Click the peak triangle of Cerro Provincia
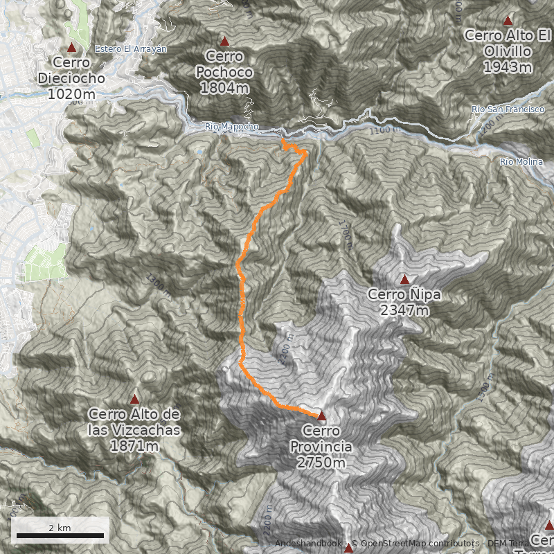pos(321,415)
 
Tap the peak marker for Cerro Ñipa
pos(404,279)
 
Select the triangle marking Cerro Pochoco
pos(224,41)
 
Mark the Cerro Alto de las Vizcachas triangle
pos(134,399)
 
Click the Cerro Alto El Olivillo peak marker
pos(508,20)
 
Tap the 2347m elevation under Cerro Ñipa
pos(404,310)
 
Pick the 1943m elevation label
pos(508,67)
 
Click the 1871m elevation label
pos(134,446)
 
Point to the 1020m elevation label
pos(71,93)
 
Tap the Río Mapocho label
pos(231,127)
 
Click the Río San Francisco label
pos(508,109)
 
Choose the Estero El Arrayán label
pos(131,49)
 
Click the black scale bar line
pos(60,535)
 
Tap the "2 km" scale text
pos(60,528)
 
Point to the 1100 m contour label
pos(381,130)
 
